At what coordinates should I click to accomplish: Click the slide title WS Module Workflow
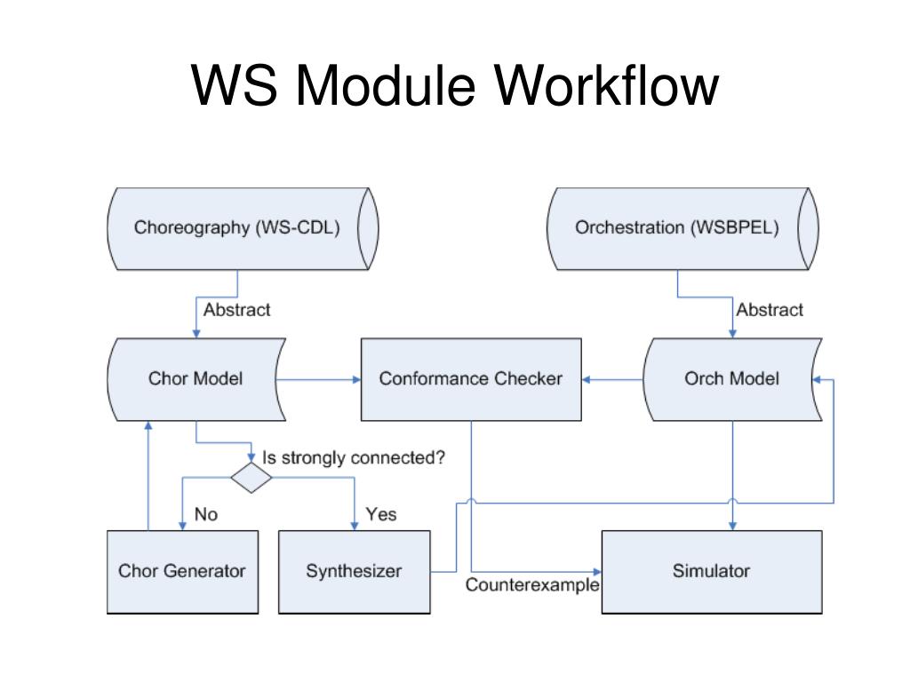tap(454, 85)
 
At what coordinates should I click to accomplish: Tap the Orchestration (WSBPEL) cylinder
tap(677, 228)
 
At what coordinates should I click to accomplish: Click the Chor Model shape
tap(196, 379)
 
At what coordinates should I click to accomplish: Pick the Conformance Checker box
tap(471, 379)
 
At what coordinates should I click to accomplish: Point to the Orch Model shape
tap(731, 379)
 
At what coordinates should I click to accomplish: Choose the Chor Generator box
tap(182, 571)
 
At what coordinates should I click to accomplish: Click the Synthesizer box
tap(354, 571)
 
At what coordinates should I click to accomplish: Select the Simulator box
tap(711, 571)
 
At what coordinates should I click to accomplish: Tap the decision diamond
tap(251, 478)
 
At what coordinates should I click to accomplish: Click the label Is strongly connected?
tap(353, 458)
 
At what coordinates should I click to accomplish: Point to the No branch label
tap(205, 514)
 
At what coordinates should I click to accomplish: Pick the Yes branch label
tap(381, 514)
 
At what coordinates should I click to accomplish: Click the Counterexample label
tap(532, 586)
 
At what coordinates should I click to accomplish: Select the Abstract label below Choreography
tap(236, 310)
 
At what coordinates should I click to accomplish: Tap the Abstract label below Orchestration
tap(769, 310)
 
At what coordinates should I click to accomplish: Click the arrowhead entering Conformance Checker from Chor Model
tap(356, 380)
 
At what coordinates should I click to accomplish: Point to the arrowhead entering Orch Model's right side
tap(816, 380)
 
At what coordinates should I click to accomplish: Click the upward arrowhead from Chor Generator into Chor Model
tap(148, 425)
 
